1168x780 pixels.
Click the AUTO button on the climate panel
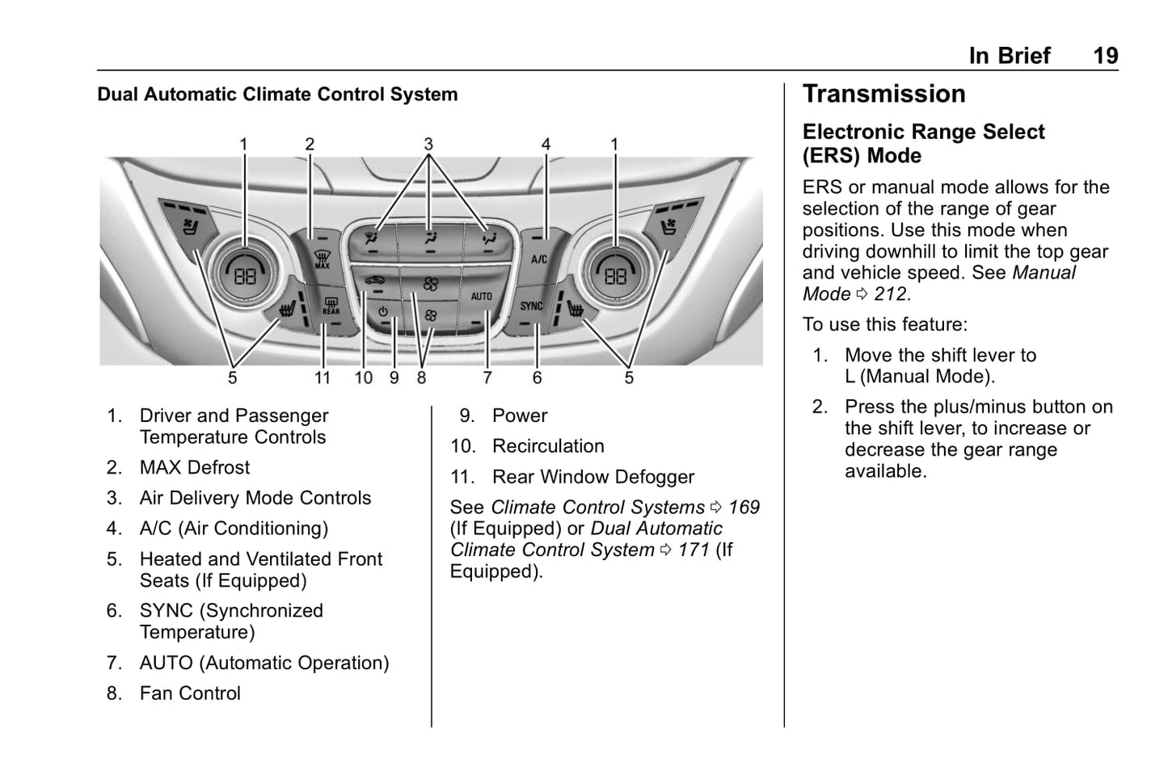[x=482, y=298]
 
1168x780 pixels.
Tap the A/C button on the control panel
[x=538, y=259]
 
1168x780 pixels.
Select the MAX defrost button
[x=322, y=259]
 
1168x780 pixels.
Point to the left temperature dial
[x=245, y=275]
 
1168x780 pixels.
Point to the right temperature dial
[x=616, y=275]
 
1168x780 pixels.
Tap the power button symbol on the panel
[x=382, y=312]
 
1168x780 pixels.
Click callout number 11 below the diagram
[x=323, y=378]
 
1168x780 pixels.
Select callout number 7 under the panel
[x=487, y=378]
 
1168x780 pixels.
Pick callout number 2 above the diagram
[x=310, y=145]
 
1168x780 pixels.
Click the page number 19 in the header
[x=1105, y=56]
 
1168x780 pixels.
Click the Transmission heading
[x=883, y=94]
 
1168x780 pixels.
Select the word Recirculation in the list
[x=548, y=446]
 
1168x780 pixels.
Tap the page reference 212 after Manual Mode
[x=890, y=294]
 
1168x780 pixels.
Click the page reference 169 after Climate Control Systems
[x=744, y=508]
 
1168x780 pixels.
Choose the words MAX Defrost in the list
[x=195, y=467]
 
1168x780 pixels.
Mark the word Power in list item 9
[x=520, y=415]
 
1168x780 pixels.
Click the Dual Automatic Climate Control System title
[x=277, y=95]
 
